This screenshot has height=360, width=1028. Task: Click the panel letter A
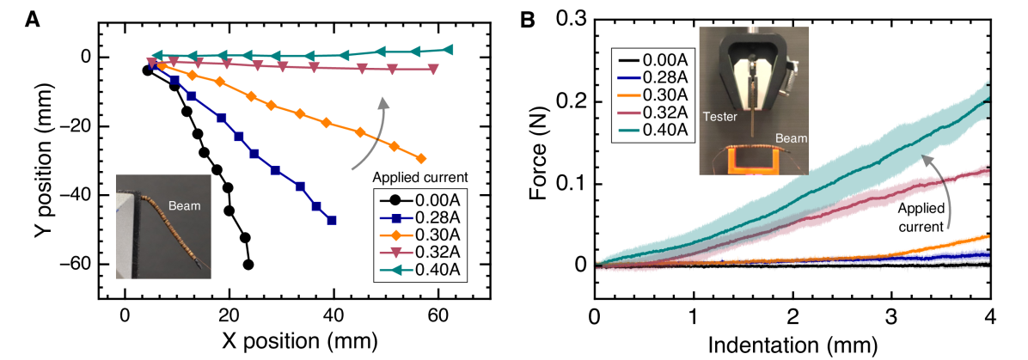pyautogui.click(x=33, y=17)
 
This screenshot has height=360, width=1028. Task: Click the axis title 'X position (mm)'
pyautogui.click(x=294, y=339)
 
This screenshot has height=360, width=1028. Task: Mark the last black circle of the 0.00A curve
pyautogui.click(x=248, y=265)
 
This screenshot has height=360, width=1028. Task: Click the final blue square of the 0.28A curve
pyautogui.click(x=332, y=220)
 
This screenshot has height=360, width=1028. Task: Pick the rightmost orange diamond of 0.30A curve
pyautogui.click(x=420, y=158)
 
